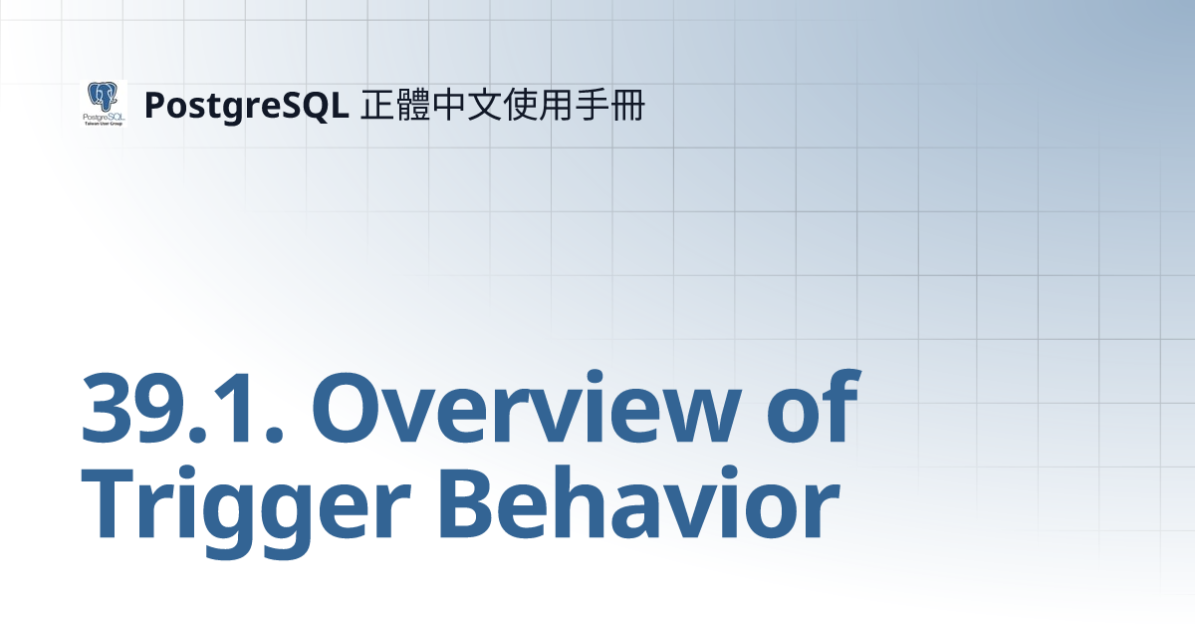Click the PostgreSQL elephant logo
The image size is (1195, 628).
coord(104,104)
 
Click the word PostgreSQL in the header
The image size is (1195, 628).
coord(247,106)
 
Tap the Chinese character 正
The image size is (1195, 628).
coord(377,105)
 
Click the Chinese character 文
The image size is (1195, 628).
coord(484,105)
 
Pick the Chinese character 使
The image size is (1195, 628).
coord(520,105)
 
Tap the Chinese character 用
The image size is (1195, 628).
coord(556,105)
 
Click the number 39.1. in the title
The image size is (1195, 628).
coord(182,408)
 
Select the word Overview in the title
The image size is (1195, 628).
coord(527,407)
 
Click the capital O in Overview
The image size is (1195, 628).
coord(350,409)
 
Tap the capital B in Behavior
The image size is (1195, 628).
coord(466,503)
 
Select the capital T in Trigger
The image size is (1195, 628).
coord(107,503)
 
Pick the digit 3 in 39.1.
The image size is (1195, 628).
coord(107,409)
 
